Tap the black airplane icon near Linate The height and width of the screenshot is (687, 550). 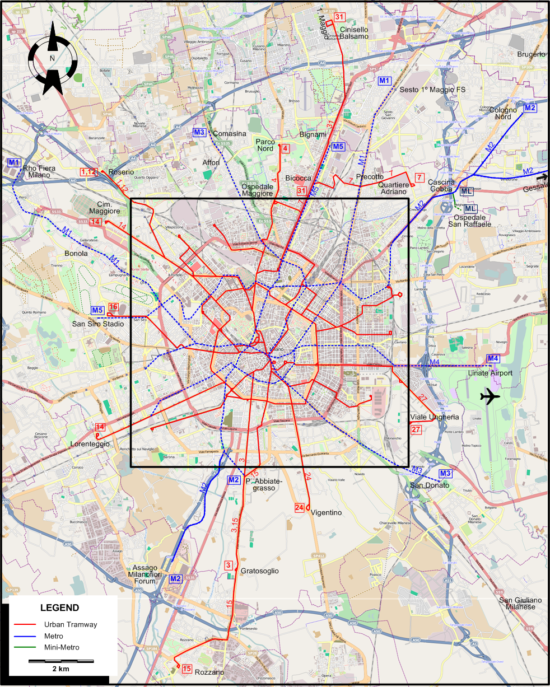coord(490,397)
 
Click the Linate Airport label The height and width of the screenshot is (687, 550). coord(490,373)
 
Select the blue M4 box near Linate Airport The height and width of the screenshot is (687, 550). coord(492,359)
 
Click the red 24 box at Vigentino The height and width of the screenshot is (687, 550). coord(300,508)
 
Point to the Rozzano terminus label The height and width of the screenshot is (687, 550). coord(209,672)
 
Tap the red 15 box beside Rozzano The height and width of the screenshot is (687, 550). coord(187,669)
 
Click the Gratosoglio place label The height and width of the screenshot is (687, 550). coord(259,571)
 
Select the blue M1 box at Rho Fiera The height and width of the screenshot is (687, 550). coord(14,162)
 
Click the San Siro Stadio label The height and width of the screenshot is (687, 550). coord(97,324)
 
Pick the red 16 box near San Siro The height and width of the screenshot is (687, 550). coord(113,307)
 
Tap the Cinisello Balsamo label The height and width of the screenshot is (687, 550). coord(355,32)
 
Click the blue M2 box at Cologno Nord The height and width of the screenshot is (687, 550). coord(530,108)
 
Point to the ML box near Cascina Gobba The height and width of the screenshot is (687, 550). coord(466,191)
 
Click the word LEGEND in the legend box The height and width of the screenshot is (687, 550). coord(59,607)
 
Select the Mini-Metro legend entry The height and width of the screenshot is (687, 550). coord(62,647)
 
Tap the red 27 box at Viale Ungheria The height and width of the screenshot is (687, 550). coord(416,429)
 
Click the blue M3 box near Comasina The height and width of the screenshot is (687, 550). coord(199,133)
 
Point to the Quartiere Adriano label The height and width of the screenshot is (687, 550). coord(393,188)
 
